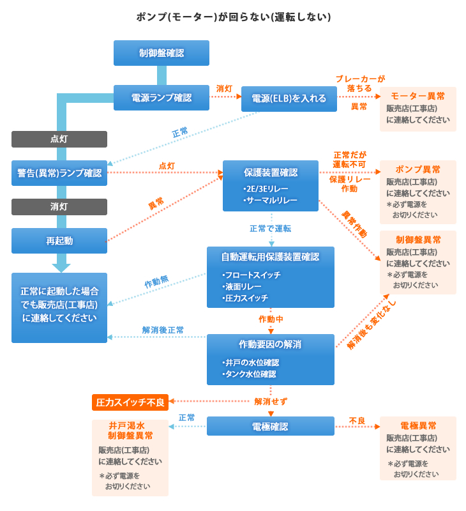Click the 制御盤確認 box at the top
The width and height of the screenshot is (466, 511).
pos(162,53)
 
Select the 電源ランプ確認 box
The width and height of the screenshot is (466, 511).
pos(162,98)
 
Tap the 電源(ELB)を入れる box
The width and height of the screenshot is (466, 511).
pos(289,99)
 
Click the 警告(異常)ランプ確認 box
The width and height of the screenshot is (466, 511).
pos(59,173)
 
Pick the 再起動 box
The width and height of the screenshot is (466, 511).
pos(59,241)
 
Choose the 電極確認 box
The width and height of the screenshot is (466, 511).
pos(270,426)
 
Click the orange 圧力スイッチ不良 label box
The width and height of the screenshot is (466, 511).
pos(130,402)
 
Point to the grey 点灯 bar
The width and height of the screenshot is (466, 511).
pos(59,139)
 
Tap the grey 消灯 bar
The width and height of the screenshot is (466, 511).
pos(59,207)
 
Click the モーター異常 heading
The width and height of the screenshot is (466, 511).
pos(418,96)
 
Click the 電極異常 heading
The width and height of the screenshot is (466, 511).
pos(418,425)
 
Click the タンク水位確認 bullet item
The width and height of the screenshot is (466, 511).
pos(249,374)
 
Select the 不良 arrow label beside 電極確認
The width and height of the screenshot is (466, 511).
pos(357,421)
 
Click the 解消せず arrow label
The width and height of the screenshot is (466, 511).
pos(271,402)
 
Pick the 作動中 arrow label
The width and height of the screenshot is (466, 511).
pos(271,319)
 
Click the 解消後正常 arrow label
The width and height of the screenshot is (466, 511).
pos(163,330)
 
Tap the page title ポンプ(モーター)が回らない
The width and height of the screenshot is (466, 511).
pos(233,17)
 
